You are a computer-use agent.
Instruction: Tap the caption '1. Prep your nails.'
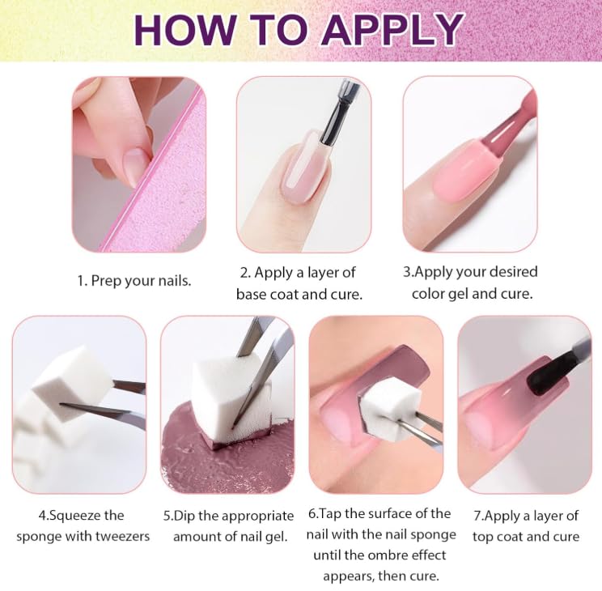(x=134, y=281)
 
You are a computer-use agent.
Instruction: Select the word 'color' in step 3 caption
(x=430, y=293)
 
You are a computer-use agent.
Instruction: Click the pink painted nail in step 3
(x=461, y=170)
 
